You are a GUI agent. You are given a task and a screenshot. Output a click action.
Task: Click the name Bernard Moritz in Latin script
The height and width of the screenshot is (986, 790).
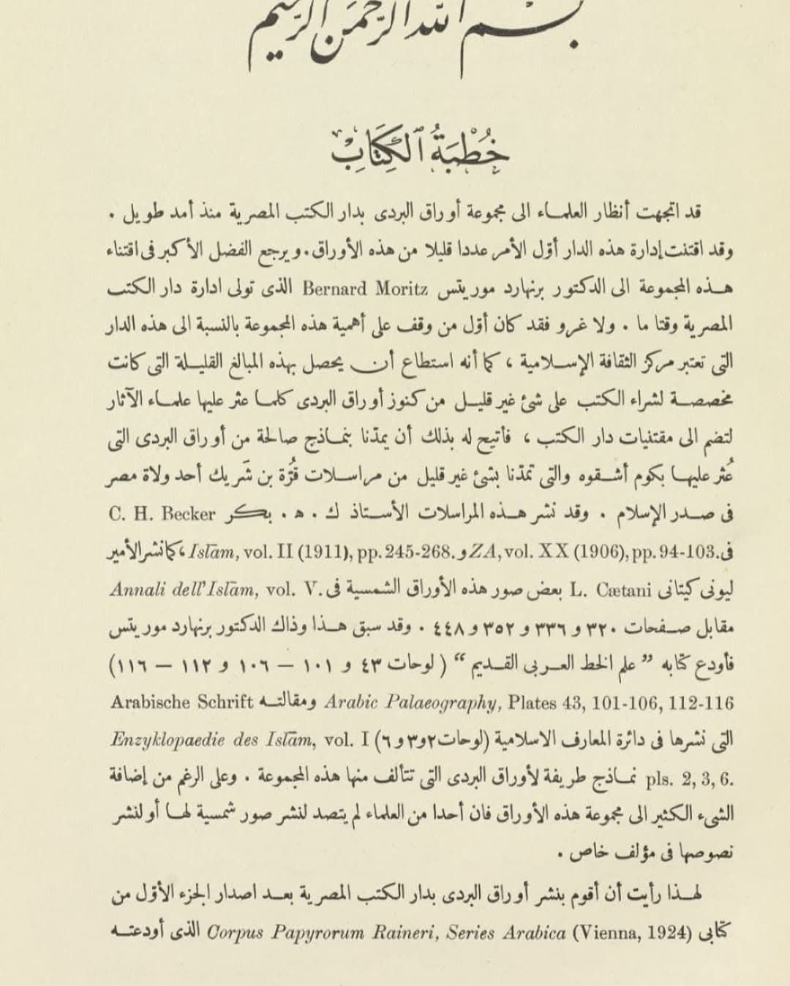365,288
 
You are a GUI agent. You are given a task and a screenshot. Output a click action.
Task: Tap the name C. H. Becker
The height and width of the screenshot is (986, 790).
162,514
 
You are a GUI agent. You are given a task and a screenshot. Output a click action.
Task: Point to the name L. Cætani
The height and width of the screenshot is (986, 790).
598,589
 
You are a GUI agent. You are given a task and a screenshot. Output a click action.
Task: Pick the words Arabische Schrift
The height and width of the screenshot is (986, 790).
182,702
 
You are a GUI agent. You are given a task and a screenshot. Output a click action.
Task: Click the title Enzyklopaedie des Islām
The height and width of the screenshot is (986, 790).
213,740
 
